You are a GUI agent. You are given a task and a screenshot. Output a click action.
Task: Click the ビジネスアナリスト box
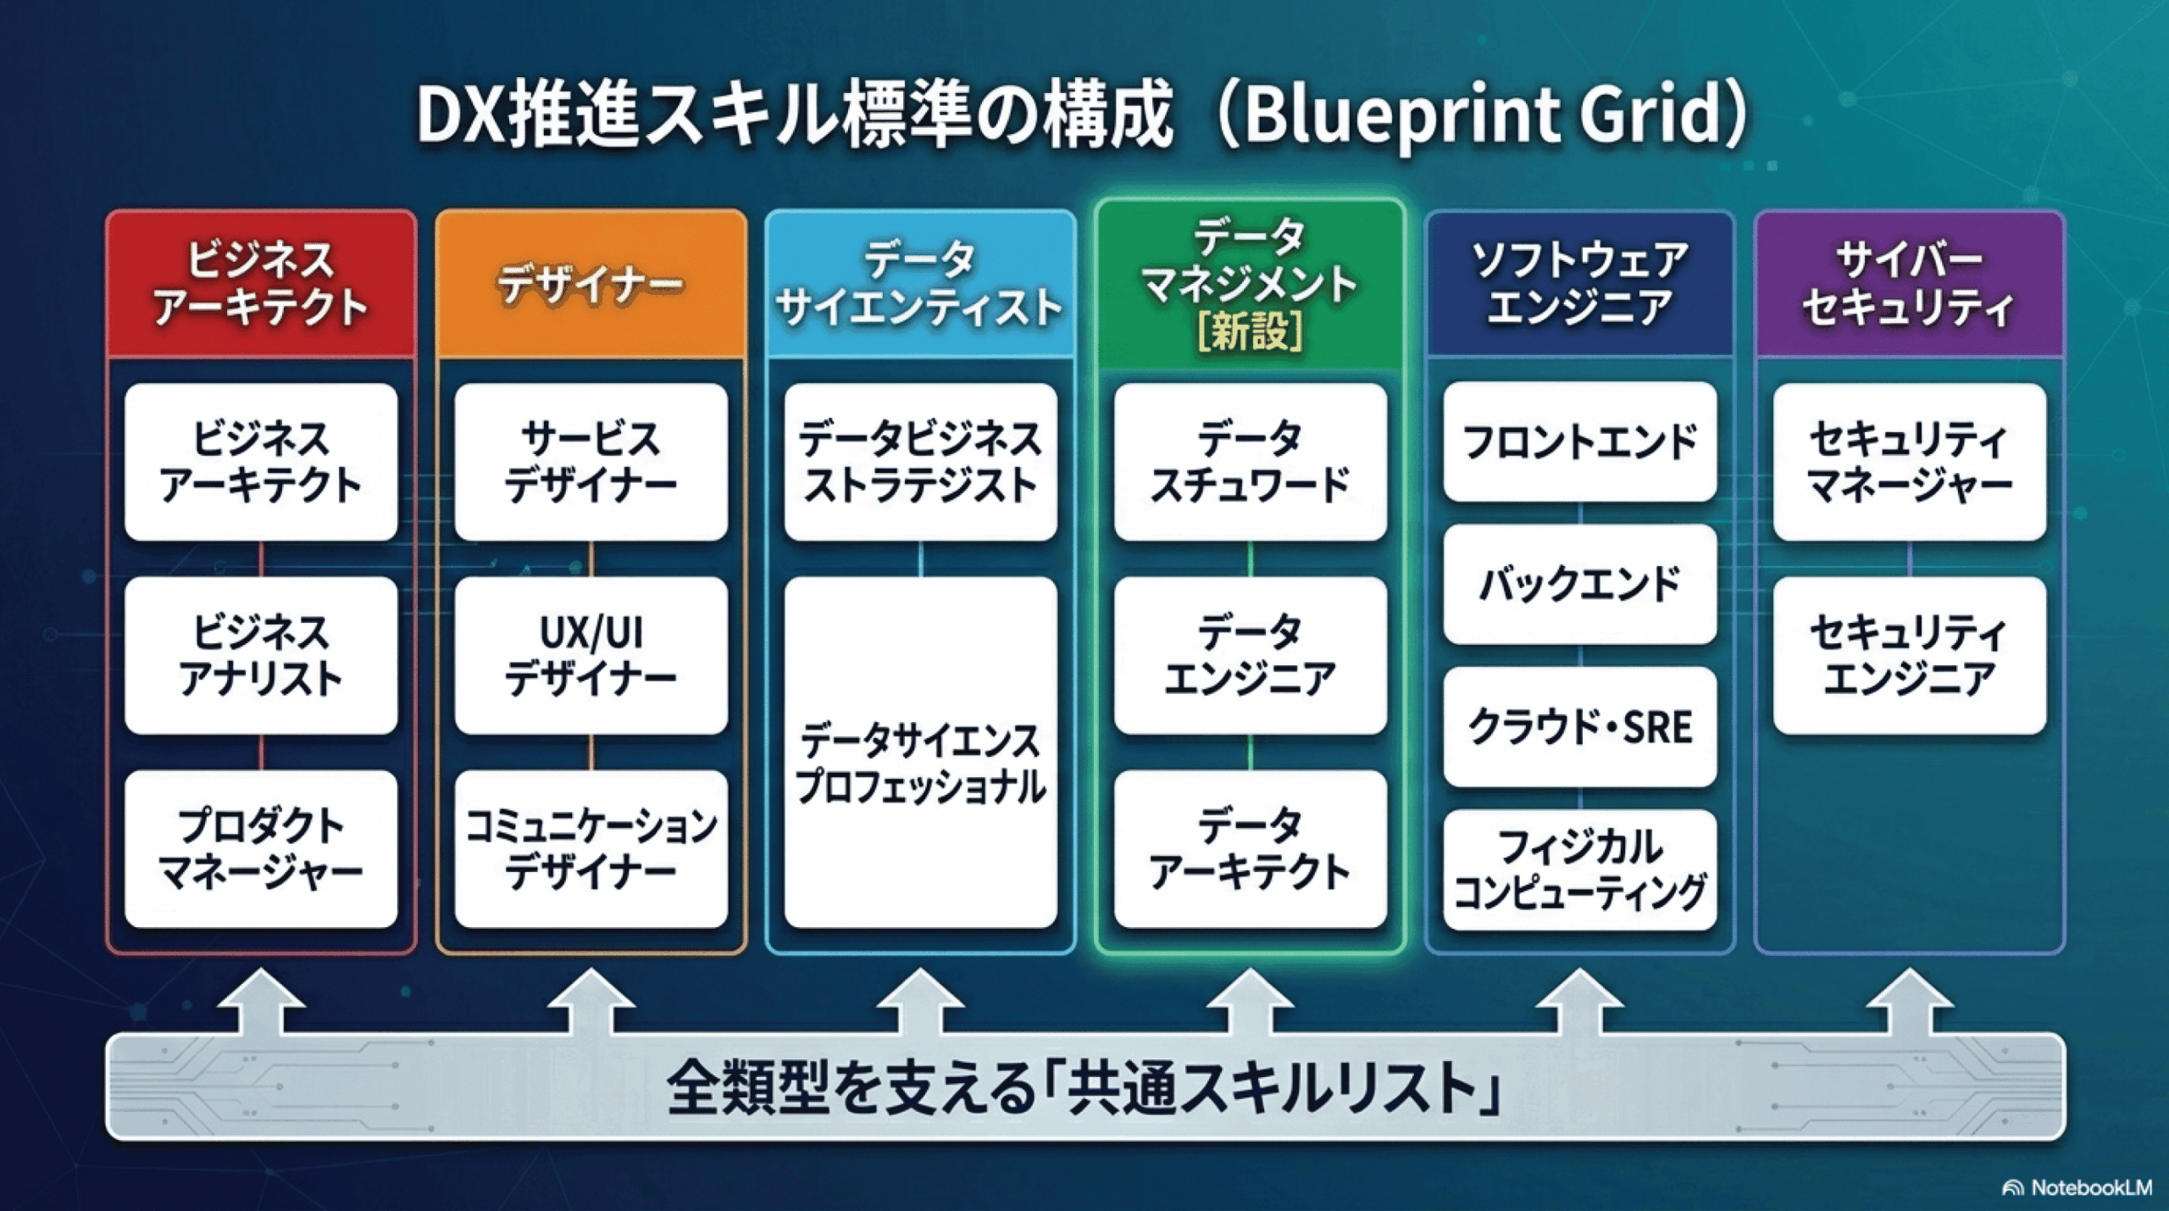click(x=261, y=655)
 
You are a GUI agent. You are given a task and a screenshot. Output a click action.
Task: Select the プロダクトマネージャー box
click(x=261, y=848)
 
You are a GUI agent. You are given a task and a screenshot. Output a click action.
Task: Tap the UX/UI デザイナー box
click(x=591, y=655)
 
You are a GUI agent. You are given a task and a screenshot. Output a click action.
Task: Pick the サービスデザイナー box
click(x=591, y=462)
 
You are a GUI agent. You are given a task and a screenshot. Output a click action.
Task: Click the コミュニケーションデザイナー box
click(x=591, y=848)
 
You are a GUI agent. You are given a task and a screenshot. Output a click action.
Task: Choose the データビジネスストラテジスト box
click(x=920, y=462)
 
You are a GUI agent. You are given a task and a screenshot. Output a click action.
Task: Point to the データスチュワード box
click(x=1250, y=462)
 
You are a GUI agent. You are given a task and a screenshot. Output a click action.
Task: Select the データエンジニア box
click(x=1250, y=655)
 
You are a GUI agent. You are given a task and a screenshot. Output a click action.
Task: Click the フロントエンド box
click(x=1579, y=442)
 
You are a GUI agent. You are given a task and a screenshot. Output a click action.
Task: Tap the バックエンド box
click(x=1579, y=584)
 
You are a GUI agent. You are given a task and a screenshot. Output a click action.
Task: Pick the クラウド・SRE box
click(x=1579, y=726)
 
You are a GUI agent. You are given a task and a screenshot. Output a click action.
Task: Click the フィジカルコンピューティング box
click(x=1579, y=869)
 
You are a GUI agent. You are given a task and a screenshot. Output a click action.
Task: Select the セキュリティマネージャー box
click(x=1909, y=462)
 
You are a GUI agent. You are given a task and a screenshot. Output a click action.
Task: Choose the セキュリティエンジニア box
click(x=1909, y=655)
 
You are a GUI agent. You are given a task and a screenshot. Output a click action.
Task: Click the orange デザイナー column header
click(x=591, y=284)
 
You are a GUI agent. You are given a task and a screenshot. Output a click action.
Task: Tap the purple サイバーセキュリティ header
click(x=1909, y=284)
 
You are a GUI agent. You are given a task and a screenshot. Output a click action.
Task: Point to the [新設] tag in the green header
click(x=1250, y=331)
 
